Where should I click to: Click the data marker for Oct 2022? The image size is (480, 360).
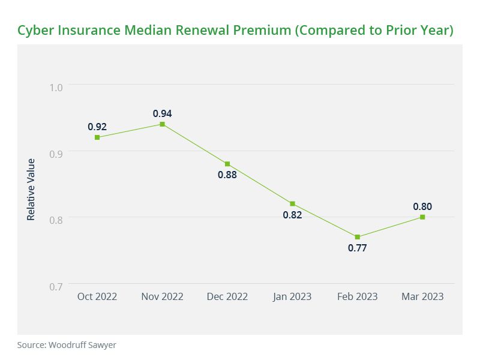97,137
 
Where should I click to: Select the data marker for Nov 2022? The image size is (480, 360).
162,124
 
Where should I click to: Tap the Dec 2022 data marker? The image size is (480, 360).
227,164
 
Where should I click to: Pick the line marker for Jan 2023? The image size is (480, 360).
292,203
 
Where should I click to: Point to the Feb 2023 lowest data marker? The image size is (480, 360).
358,237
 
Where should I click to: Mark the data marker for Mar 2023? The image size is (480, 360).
422,217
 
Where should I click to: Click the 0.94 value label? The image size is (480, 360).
162,113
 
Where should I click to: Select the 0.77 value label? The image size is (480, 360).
358,248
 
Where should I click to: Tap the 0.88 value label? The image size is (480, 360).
227,175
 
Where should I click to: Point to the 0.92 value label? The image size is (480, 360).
97,127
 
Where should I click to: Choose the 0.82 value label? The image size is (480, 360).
292,215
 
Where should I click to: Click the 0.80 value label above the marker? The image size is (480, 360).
422,206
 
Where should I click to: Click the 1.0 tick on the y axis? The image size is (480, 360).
56,88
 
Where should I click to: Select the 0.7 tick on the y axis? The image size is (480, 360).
56,286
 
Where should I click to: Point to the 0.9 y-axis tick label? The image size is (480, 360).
56,154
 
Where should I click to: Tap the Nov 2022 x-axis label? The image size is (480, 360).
162,297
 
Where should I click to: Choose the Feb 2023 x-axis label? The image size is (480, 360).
358,297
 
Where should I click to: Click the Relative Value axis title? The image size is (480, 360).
31,189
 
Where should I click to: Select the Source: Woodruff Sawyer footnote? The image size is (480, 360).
66,345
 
